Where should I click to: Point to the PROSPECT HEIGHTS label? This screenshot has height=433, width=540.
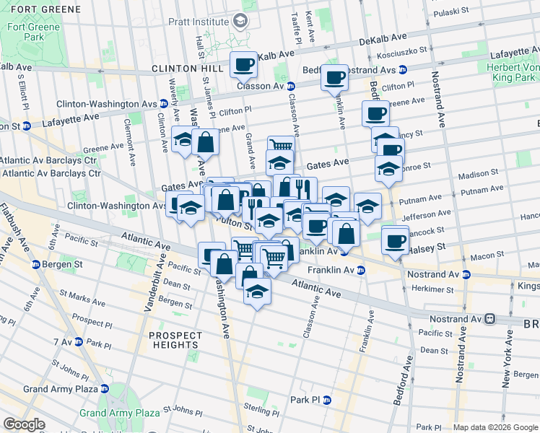[x=175, y=341]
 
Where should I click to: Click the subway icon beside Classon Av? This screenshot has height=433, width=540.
[x=290, y=87]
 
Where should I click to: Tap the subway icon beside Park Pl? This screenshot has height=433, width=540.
[x=326, y=400]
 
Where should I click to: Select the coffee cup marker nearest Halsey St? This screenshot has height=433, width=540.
[x=395, y=240]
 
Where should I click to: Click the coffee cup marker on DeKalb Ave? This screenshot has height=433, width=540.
[x=243, y=65]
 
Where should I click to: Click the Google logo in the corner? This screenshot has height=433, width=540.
[x=24, y=424]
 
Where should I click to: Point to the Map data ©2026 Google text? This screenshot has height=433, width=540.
[x=495, y=427]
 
